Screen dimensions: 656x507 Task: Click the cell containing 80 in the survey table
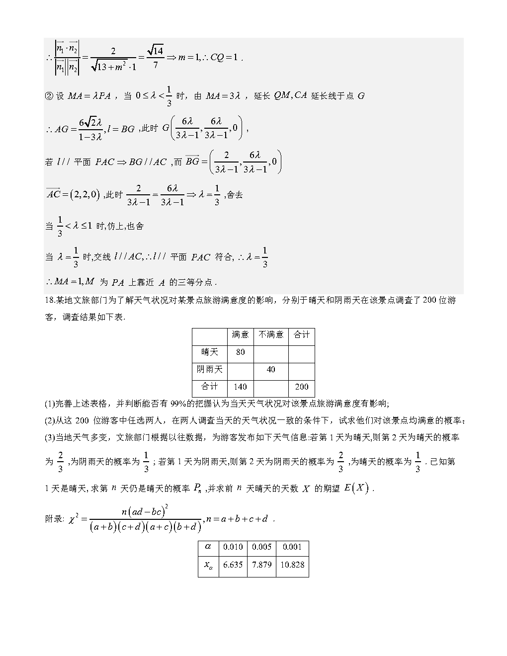pos(241,352)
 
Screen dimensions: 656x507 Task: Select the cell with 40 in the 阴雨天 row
pos(271,370)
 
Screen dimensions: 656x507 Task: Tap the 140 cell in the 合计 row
pos(241,387)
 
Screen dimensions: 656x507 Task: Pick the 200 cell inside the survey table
pos(302,387)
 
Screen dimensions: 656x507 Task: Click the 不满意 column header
pos(271,335)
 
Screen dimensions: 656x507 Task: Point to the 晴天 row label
pos(210,352)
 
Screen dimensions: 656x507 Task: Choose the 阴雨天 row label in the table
pos(210,370)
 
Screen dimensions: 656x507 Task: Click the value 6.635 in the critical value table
pos(233,565)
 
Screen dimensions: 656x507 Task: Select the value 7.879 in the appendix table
pos(261,565)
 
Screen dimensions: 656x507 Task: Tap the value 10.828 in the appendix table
pos(292,565)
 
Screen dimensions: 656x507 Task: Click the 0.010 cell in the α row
pos(233,547)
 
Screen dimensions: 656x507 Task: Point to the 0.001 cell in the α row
pos(292,547)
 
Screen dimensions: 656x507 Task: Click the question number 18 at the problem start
pos(49,301)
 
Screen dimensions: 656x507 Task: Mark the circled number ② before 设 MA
pos(49,96)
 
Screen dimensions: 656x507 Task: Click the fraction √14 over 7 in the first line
pos(156,57)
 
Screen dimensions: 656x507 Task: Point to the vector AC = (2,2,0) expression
pos(73,194)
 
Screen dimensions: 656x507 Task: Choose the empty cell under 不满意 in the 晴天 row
pos(271,352)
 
